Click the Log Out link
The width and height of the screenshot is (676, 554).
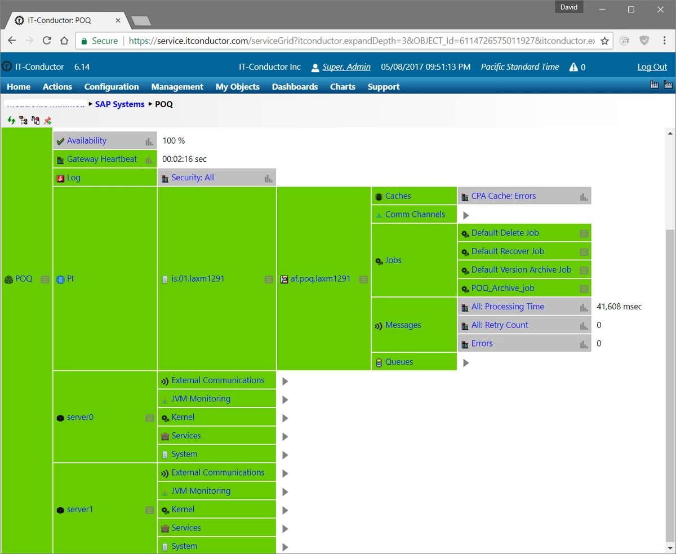coord(652,67)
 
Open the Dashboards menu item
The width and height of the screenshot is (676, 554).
coord(295,87)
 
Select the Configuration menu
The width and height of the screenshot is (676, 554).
coord(112,87)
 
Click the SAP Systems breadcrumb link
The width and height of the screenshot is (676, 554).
coord(119,104)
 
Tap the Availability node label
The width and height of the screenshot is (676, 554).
coord(86,141)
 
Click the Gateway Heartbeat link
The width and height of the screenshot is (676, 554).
coord(101,159)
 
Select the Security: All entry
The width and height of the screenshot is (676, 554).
coord(193,178)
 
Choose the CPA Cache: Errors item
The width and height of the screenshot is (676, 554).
coord(503,196)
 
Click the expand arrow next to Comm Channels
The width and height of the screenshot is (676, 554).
coord(466,215)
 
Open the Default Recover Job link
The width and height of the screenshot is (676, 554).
coord(508,251)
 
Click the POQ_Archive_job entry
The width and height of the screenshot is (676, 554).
coord(502,289)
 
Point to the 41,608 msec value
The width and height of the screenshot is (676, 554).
coord(619,307)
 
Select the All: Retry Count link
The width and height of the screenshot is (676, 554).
coord(500,325)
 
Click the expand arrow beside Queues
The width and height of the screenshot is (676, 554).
coord(466,363)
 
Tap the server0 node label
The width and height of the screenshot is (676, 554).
coord(79,418)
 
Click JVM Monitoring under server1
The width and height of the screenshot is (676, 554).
coord(201,491)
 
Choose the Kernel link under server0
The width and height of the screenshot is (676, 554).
coord(183,418)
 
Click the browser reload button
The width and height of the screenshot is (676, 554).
coord(47,41)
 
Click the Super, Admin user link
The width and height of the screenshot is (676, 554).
coord(346,67)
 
